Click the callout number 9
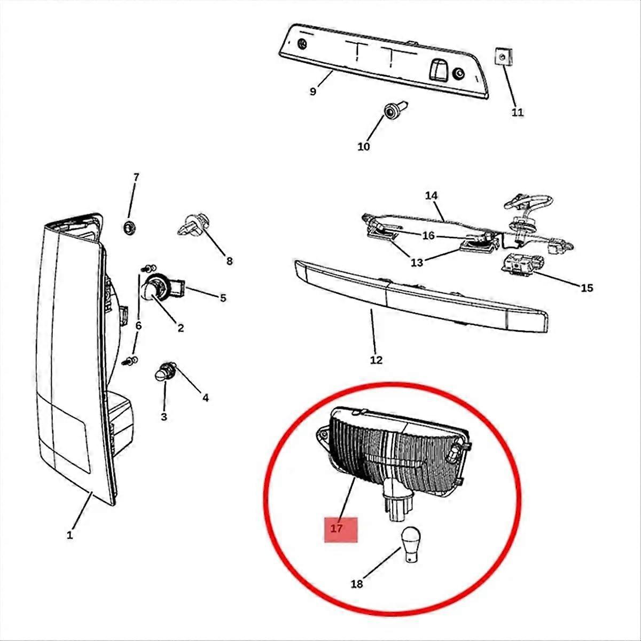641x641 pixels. pyautogui.click(x=312, y=91)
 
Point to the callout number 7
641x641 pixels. pyautogui.click(x=136, y=177)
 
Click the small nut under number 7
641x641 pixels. pyautogui.click(x=129, y=228)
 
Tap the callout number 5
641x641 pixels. pyautogui.click(x=223, y=298)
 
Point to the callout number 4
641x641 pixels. pyautogui.click(x=206, y=397)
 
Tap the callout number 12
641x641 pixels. pyautogui.click(x=376, y=359)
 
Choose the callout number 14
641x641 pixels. pyautogui.click(x=431, y=196)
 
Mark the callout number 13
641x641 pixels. pyautogui.click(x=417, y=262)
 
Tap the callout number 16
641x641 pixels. pyautogui.click(x=428, y=236)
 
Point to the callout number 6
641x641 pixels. pyautogui.click(x=138, y=326)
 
